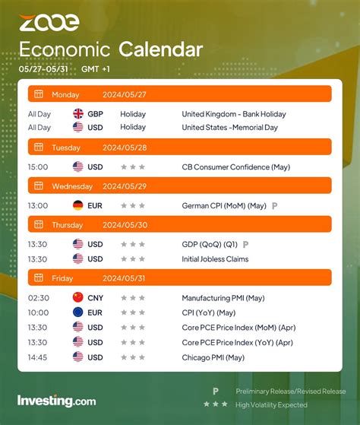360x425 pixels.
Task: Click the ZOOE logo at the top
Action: pyautogui.click(x=49, y=23)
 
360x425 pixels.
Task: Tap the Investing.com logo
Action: pyautogui.click(x=56, y=401)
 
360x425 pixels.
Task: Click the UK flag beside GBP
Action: pyautogui.click(x=78, y=113)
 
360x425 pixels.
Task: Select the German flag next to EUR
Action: pyautogui.click(x=78, y=205)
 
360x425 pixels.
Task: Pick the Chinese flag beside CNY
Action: pyautogui.click(x=78, y=298)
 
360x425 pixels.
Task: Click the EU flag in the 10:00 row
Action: pyautogui.click(x=78, y=312)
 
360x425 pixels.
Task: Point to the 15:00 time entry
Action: pyautogui.click(x=37, y=167)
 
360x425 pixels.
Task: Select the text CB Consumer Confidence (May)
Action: pyautogui.click(x=235, y=167)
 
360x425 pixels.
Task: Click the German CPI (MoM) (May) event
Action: pyautogui.click(x=224, y=205)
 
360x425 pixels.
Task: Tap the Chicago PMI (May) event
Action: pyautogui.click(x=213, y=357)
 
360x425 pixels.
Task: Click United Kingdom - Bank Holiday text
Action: pyautogui.click(x=233, y=113)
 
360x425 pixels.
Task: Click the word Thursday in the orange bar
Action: pyautogui.click(x=68, y=224)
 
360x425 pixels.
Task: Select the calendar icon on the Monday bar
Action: pyautogui.click(x=38, y=94)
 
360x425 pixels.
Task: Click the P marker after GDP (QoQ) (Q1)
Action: pyautogui.click(x=245, y=244)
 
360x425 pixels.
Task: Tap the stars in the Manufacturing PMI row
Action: pyautogui.click(x=133, y=298)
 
